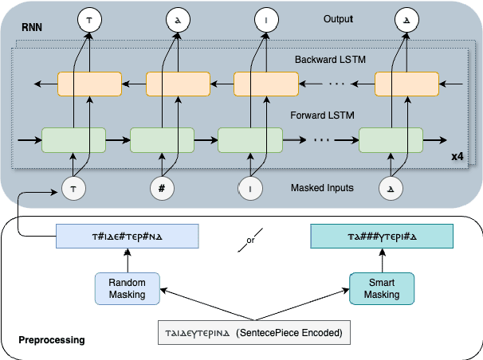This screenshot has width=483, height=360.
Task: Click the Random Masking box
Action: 126,288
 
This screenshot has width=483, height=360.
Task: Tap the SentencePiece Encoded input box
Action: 253,333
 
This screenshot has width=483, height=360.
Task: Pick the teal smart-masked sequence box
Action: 381,237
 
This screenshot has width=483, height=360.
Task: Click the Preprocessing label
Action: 51,341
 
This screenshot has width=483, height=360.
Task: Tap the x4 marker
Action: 457,157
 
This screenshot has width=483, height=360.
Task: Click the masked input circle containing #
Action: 163,189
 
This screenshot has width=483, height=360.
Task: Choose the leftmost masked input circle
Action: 73,189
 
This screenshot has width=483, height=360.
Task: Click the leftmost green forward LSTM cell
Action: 73,140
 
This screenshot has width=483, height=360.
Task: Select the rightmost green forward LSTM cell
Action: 391,140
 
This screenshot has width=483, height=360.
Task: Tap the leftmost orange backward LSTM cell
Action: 89,84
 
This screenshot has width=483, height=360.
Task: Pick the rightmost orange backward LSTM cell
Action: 406,84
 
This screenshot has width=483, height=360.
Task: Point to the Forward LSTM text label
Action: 323,115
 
